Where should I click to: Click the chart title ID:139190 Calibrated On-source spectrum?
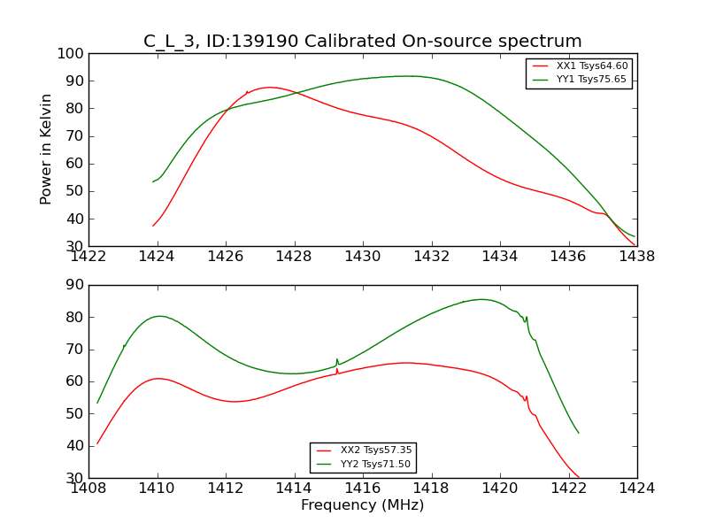(x=363, y=42)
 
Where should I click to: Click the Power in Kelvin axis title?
(x=47, y=149)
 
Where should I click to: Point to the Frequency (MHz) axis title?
(x=362, y=505)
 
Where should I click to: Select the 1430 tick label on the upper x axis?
(x=362, y=257)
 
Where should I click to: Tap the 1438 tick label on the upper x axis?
(x=636, y=257)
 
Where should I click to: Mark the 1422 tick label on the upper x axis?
(x=88, y=257)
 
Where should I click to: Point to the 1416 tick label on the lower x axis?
(x=362, y=488)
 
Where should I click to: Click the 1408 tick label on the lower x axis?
(x=88, y=488)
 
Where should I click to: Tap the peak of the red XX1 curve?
(x=269, y=87)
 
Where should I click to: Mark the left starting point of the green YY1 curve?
(x=153, y=181)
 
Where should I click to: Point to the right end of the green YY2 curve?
(x=579, y=433)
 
